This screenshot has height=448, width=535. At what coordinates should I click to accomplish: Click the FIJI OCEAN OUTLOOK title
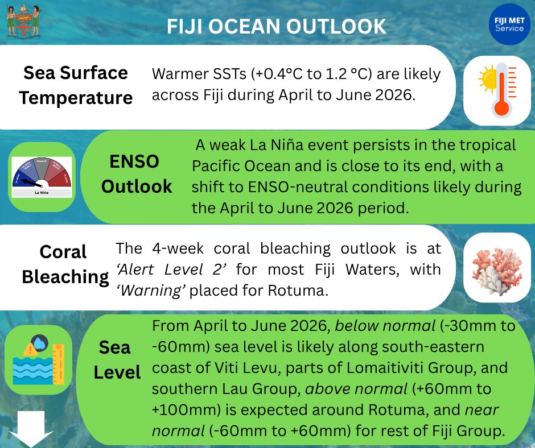pyautogui.click(x=277, y=26)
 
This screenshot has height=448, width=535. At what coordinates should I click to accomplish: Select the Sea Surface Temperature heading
pyautogui.click(x=76, y=85)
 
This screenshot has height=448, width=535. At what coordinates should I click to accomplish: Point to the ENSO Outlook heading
pyautogui.click(x=137, y=174)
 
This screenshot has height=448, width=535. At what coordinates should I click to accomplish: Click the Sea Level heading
pyautogui.click(x=117, y=360)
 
